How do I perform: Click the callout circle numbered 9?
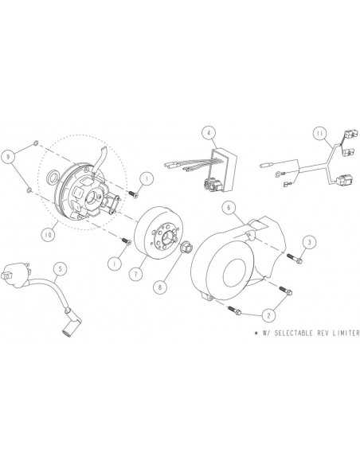point(9,156)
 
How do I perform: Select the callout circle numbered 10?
point(48,235)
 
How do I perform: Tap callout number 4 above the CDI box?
point(209,133)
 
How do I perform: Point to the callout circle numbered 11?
point(319,134)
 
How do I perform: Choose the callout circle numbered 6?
point(229,208)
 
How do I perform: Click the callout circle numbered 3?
point(309,242)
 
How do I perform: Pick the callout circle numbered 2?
point(268,315)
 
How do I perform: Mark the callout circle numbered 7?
point(136,274)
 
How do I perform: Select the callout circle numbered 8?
point(160,287)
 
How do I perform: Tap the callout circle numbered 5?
point(61,268)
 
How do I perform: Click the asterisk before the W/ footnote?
point(256,333)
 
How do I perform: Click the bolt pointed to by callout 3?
point(295,259)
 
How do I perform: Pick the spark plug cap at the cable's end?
point(68,324)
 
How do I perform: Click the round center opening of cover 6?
point(237,273)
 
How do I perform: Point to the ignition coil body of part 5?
point(17,271)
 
